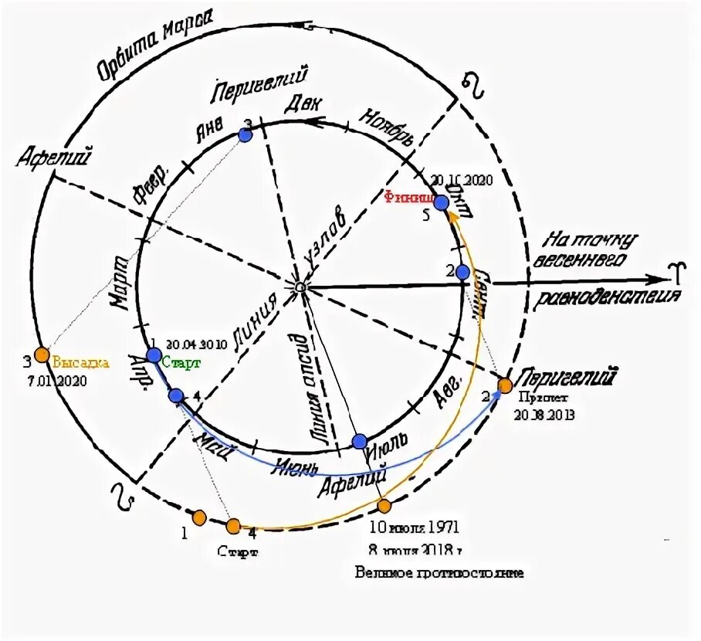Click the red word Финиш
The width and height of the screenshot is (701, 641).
point(406,196)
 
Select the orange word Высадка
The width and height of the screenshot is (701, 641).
point(80,361)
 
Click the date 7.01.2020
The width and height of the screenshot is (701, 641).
point(59,381)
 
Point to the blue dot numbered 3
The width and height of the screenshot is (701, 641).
point(246,135)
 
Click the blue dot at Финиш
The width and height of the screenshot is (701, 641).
point(441,202)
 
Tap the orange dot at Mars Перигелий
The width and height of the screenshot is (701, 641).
point(504,385)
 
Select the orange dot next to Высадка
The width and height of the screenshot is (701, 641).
point(41,355)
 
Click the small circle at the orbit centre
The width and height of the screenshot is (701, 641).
point(300,287)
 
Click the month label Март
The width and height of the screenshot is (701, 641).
point(122,281)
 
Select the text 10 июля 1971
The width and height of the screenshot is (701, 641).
point(414,528)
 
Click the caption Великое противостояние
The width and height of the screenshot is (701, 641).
point(439,573)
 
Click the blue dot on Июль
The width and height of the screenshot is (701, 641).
point(360,441)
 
